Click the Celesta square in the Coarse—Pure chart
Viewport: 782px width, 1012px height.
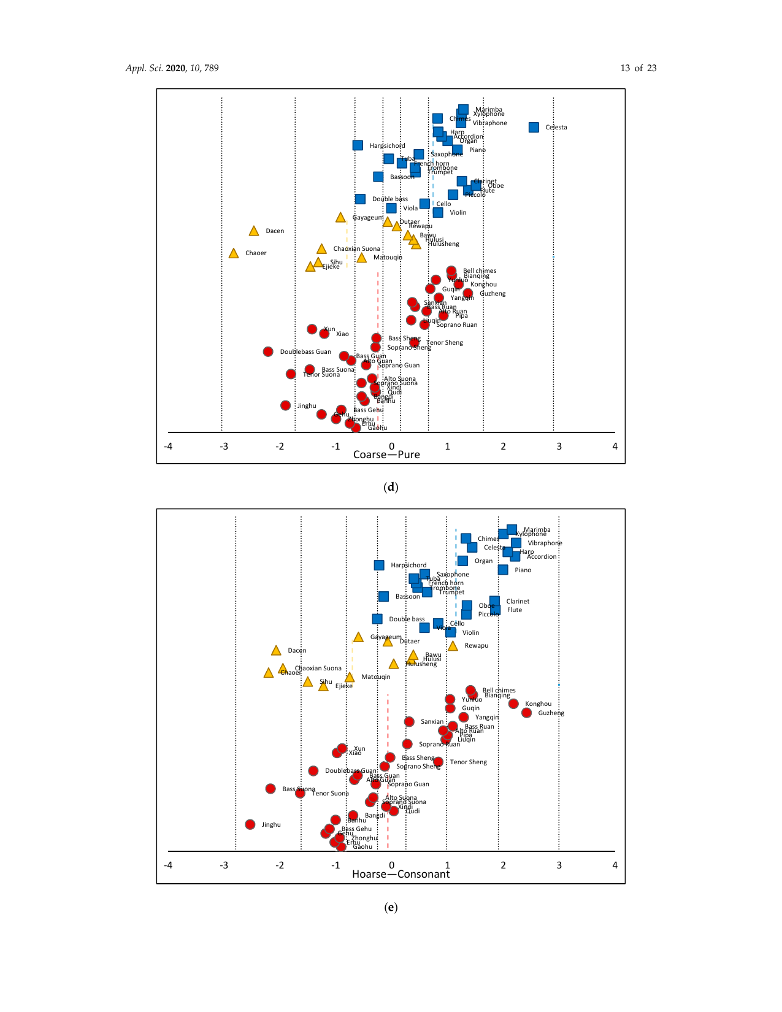[534, 128]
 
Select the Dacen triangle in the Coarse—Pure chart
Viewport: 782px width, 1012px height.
[254, 231]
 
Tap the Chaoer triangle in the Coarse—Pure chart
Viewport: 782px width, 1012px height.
[234, 253]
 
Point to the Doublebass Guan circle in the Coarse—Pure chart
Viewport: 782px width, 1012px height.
[268, 352]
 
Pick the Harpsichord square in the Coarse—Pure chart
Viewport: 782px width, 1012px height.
[358, 145]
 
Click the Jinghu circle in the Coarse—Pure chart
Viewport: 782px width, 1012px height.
[285, 405]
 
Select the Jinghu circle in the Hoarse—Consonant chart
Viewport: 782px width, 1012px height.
[250, 824]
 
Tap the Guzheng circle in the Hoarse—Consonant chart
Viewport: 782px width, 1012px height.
[526, 713]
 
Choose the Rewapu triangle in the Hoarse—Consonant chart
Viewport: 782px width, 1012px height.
[453, 646]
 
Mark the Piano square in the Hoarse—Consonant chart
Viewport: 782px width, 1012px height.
[503, 570]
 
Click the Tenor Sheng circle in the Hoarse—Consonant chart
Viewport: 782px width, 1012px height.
[438, 762]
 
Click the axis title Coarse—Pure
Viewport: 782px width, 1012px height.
[386, 454]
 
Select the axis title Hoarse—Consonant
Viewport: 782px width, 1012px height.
[401, 874]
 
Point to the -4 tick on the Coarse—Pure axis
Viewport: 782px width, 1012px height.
[168, 447]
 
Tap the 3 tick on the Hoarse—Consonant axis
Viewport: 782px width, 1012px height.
[559, 865]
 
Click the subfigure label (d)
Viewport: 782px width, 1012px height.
[391, 488]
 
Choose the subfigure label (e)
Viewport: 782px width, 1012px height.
[391, 907]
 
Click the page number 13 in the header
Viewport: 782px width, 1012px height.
[625, 68]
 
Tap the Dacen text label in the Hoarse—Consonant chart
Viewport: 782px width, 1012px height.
[297, 651]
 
